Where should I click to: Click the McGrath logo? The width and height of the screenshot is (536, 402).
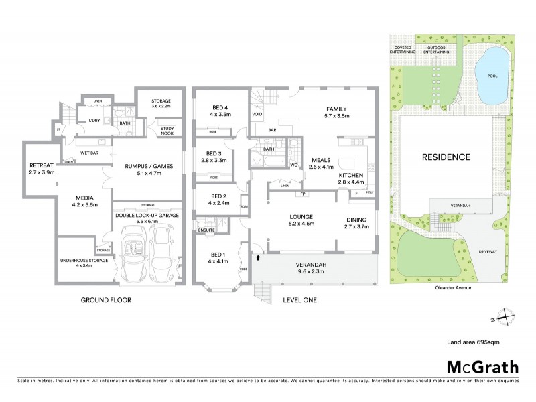click(482, 366)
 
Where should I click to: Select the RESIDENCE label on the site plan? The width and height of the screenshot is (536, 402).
click(446, 157)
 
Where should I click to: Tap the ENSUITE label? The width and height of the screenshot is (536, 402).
click(206, 230)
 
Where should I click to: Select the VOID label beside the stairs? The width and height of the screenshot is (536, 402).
click(257, 114)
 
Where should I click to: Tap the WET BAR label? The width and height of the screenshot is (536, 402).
click(90, 152)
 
